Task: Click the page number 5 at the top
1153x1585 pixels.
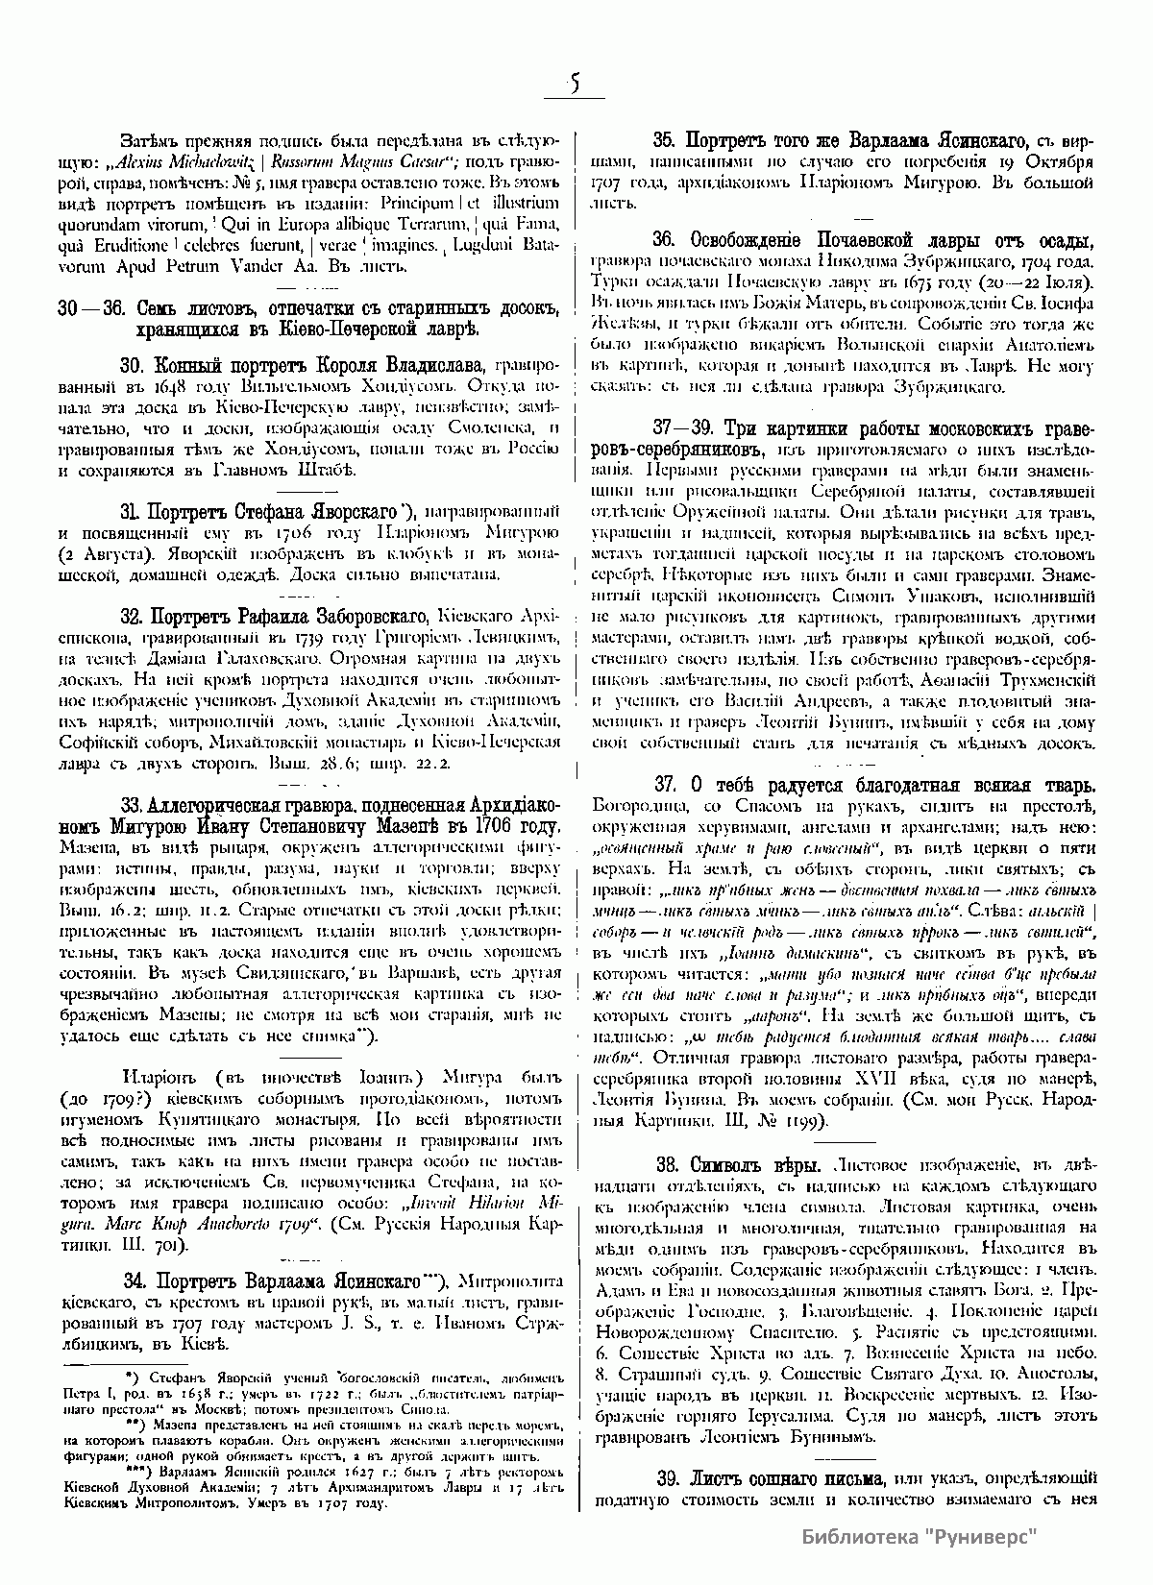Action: tap(574, 84)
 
